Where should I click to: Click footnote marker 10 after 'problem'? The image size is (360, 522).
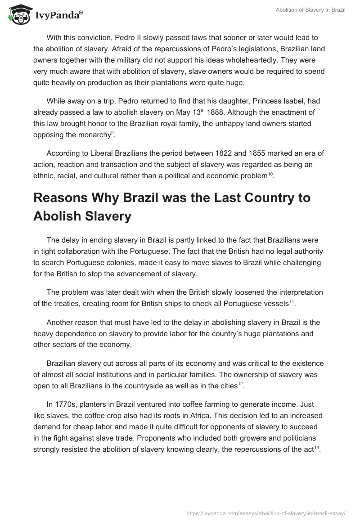coord(270,174)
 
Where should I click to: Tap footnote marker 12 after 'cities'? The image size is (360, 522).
coord(240,383)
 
